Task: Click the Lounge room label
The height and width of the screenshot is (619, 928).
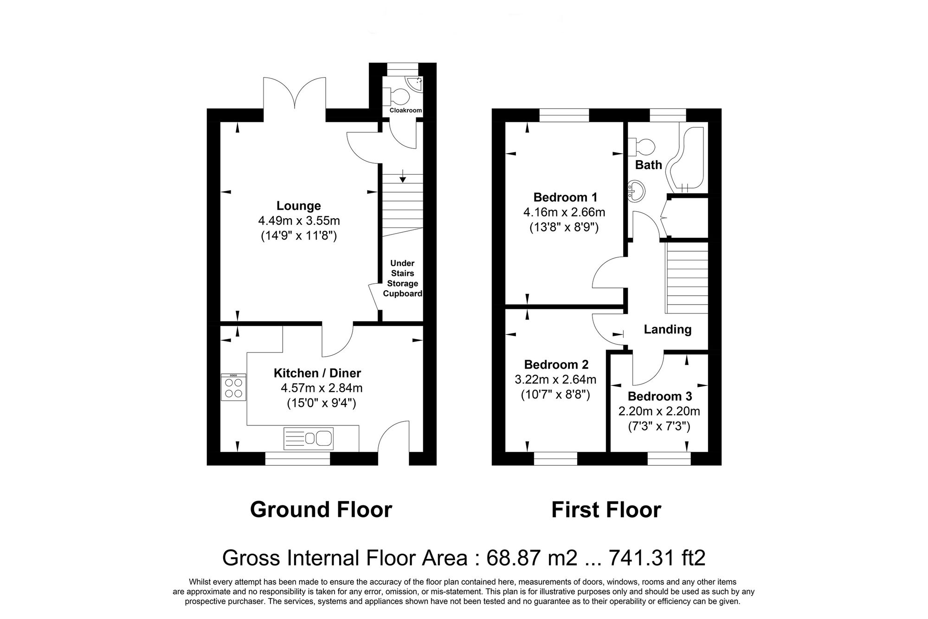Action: [298, 206]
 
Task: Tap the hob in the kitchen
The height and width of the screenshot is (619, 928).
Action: [234, 388]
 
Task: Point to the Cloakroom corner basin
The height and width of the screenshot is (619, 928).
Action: [414, 84]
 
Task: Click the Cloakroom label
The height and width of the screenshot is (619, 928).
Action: [406, 111]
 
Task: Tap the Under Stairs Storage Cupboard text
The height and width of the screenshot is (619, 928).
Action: [402, 278]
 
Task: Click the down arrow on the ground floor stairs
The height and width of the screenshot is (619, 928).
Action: [402, 176]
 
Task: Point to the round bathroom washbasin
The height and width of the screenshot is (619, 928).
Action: [636, 190]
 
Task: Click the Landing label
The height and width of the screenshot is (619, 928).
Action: [667, 329]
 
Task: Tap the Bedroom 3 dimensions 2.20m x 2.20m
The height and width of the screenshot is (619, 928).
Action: [659, 411]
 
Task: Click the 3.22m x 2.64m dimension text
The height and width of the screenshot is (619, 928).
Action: [555, 379]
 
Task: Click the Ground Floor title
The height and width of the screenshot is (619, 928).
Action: [321, 509]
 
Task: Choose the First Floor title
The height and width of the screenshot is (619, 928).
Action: [606, 510]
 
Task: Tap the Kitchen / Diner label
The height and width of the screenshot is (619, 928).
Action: [317, 373]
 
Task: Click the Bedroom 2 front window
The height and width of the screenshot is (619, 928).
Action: [555, 458]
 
